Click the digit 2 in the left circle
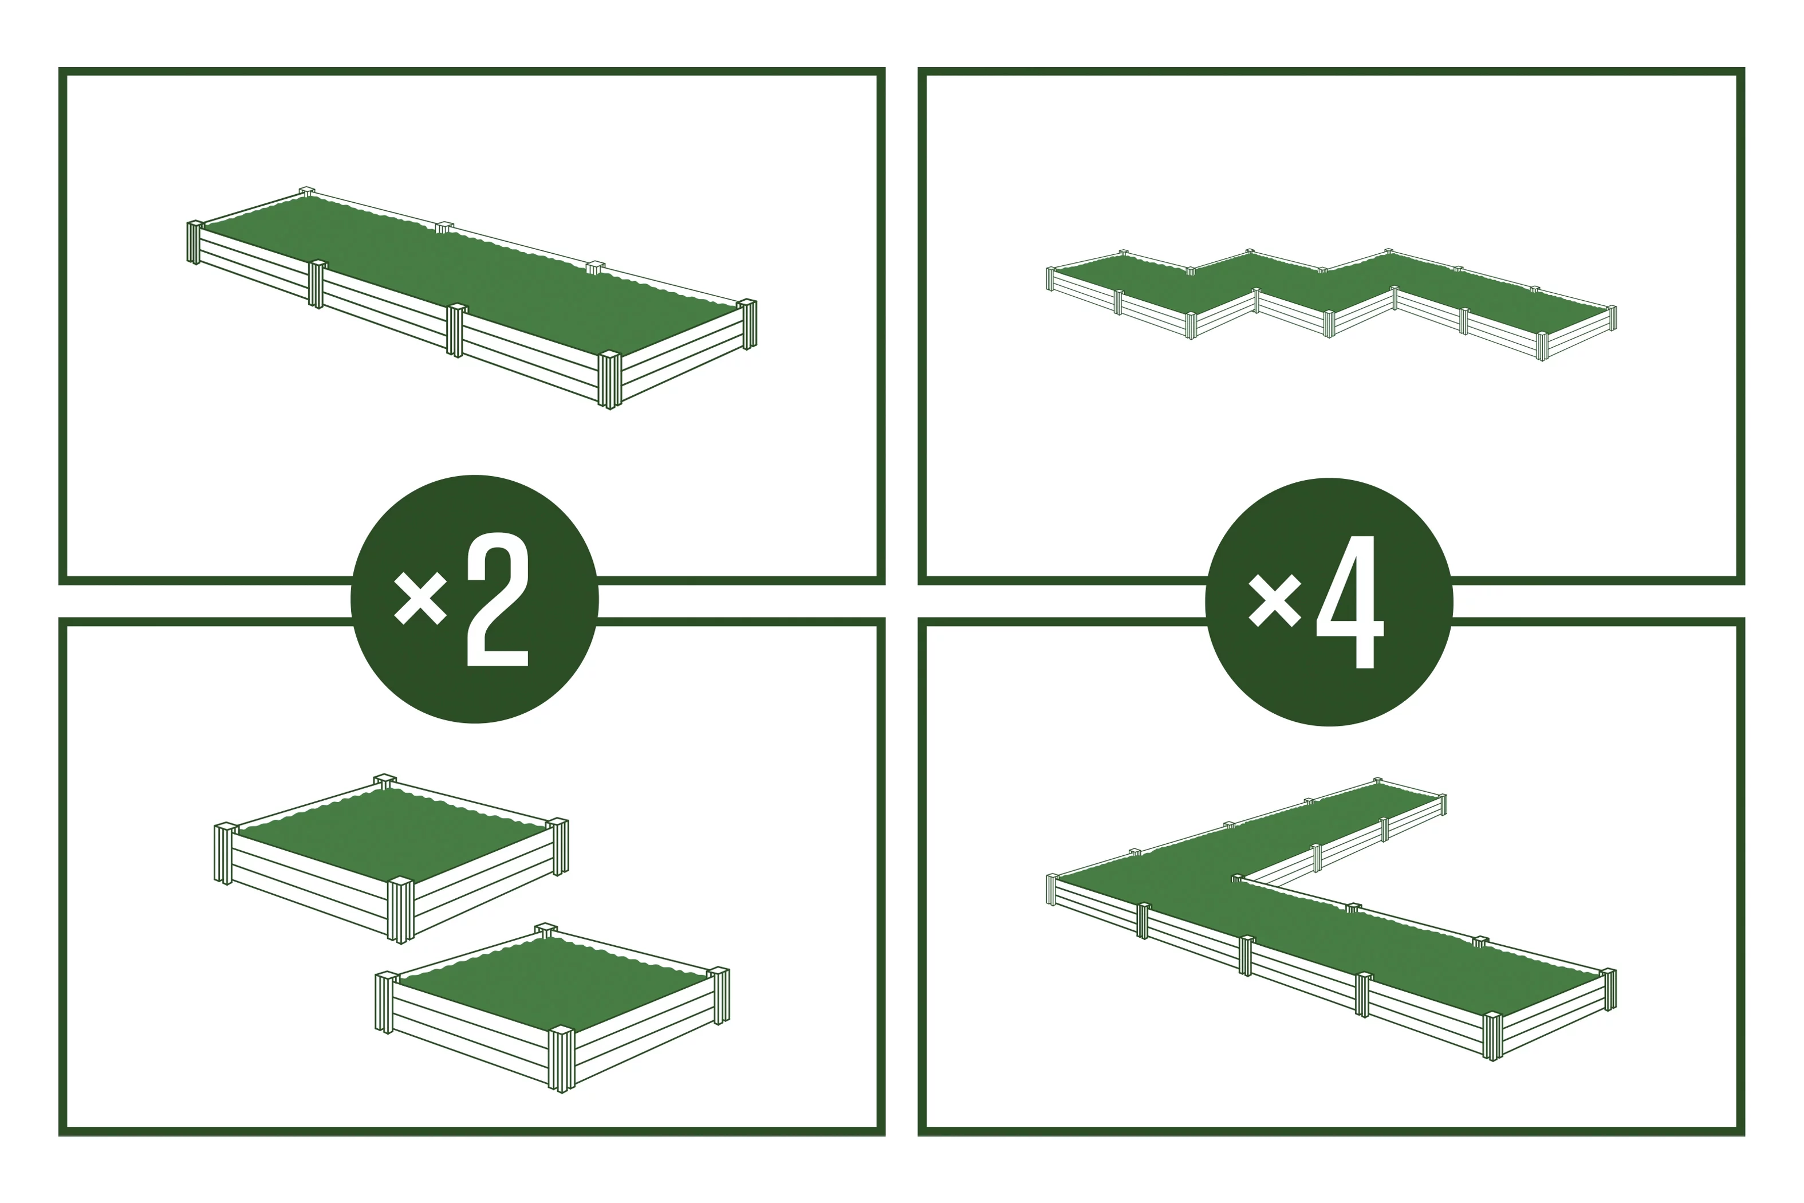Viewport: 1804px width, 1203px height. pos(498,599)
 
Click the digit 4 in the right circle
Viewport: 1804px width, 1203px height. pos(1350,601)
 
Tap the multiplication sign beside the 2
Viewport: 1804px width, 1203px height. pos(420,599)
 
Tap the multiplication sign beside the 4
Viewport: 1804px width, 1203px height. pos(1275,601)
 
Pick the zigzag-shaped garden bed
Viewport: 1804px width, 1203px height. pos(1332,302)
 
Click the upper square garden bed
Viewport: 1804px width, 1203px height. pos(391,859)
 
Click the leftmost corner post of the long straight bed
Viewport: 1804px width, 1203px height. pos(195,242)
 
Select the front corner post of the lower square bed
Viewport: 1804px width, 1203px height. pos(561,1060)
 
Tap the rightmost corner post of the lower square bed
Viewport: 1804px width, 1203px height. pos(719,996)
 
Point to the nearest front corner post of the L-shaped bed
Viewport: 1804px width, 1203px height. pos(1492,1036)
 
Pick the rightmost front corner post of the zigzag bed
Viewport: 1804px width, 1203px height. pos(1542,346)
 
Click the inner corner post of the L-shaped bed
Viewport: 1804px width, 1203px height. pos(1236,878)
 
